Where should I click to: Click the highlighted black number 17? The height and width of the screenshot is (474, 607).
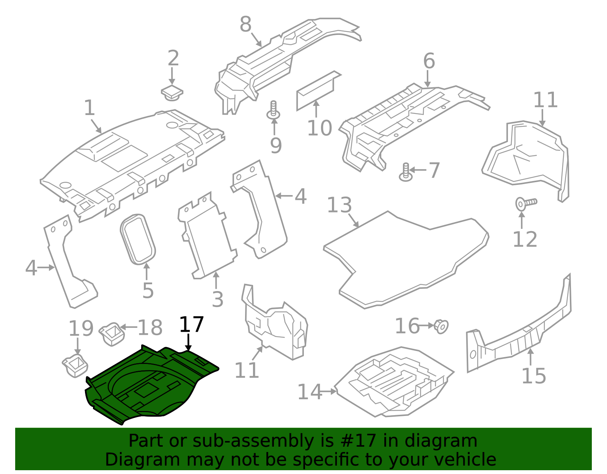point(191,325)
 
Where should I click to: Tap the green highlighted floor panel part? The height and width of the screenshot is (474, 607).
point(152,383)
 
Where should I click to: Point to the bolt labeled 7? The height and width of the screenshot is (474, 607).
point(406,172)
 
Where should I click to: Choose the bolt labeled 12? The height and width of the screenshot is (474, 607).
point(525,203)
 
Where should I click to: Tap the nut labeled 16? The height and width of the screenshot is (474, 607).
point(441,326)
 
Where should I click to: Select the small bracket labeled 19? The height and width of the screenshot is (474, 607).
point(75,365)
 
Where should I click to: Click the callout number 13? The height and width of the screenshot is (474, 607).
point(339,205)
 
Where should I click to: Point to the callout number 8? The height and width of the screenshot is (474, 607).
point(245,25)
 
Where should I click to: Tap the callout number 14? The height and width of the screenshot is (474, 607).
point(309,392)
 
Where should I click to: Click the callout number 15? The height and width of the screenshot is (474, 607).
point(534,376)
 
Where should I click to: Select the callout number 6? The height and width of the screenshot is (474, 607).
point(429,61)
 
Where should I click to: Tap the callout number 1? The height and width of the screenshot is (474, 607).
point(89,108)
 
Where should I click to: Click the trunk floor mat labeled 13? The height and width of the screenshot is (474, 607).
point(406,258)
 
